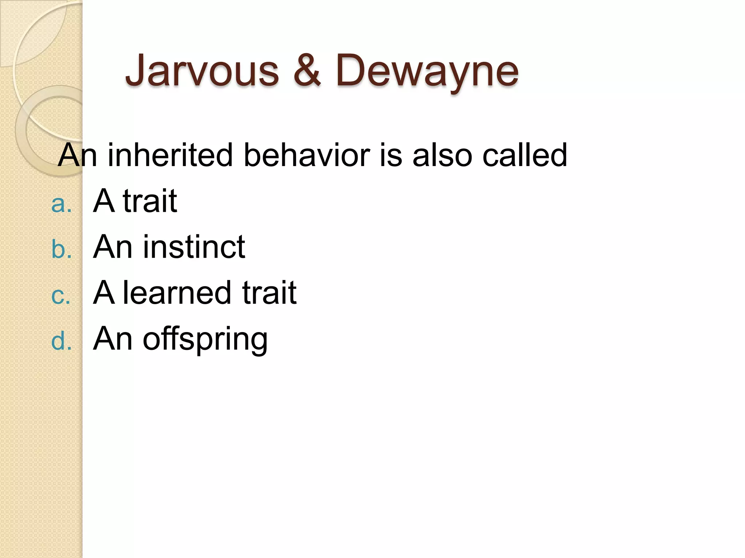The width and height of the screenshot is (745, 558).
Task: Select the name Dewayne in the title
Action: (427, 71)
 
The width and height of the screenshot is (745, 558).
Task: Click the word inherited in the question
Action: (170, 155)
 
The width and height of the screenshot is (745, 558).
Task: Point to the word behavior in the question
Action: (307, 155)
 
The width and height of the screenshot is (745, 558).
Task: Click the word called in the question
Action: (525, 155)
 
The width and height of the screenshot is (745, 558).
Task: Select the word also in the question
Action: (442, 155)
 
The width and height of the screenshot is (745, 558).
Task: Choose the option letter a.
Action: (61, 204)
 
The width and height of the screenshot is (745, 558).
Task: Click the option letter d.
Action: (61, 341)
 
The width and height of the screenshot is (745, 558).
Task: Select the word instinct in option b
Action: (194, 247)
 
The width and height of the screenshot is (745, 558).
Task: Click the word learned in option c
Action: (177, 293)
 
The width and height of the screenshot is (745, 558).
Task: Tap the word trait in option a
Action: (150, 201)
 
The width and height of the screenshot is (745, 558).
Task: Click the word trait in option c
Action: (269, 293)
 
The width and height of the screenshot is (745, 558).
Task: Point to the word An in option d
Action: (113, 339)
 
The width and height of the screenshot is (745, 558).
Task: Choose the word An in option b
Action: (113, 247)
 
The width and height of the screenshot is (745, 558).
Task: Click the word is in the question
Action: (391, 155)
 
